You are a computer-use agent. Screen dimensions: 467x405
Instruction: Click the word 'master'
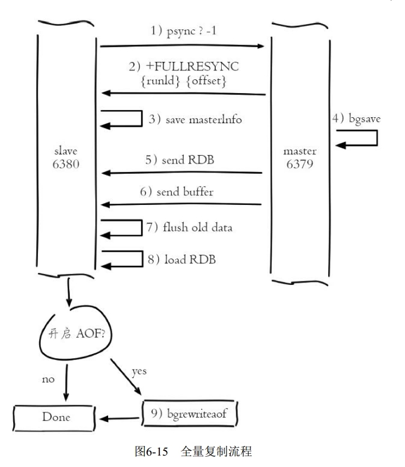(x=300, y=151)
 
